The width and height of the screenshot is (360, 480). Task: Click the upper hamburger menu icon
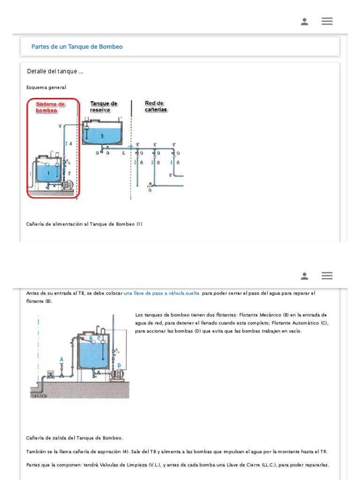[x=327, y=21]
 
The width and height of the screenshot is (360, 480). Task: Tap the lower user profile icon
[x=305, y=276]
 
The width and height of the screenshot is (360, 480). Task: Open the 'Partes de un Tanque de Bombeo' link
[x=77, y=47]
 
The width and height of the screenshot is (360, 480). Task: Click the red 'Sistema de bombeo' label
[x=50, y=107]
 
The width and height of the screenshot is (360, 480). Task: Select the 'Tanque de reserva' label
[x=104, y=106]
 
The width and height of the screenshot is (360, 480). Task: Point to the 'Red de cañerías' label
[x=156, y=106]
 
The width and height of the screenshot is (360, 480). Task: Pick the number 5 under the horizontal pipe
[x=123, y=153]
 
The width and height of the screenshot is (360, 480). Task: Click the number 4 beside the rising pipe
[x=71, y=144]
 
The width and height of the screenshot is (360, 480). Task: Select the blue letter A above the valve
[x=61, y=360]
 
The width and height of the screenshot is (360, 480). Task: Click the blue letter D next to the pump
[x=119, y=365]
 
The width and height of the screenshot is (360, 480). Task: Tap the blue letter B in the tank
[x=91, y=337]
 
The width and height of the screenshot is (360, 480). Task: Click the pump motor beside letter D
[x=117, y=374]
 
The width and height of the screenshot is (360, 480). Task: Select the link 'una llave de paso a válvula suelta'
[x=161, y=293]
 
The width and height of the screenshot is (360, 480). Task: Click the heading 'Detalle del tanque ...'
[x=55, y=71]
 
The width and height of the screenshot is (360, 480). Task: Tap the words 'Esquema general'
[x=46, y=87]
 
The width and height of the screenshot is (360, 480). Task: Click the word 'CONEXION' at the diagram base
[x=39, y=396]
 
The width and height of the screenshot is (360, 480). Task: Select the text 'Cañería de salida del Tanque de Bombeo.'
[x=75, y=438]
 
